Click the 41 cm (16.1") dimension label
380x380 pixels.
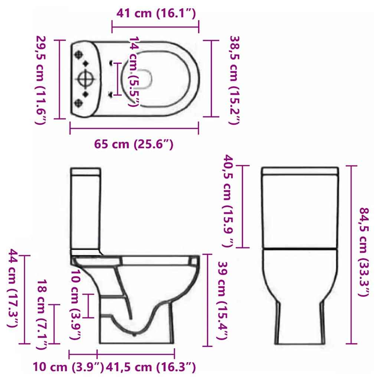(155, 14)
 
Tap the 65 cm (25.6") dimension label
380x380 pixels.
(134, 144)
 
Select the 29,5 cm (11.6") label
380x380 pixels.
(41, 79)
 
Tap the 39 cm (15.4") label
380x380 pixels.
(222, 301)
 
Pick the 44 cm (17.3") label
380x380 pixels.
(13, 288)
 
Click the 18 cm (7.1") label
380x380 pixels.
(42, 314)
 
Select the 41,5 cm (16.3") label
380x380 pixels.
(150, 367)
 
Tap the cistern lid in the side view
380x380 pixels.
(86, 171)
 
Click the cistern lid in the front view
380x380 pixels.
(300, 171)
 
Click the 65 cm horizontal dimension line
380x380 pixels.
(134, 129)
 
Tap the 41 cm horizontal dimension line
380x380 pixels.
(155, 27)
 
